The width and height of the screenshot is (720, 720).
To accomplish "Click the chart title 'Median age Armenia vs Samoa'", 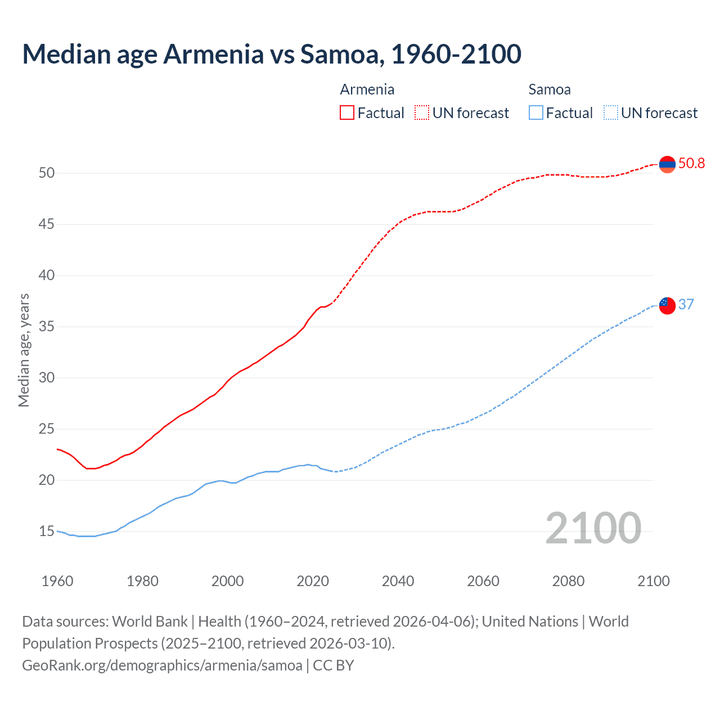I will [x=272, y=54].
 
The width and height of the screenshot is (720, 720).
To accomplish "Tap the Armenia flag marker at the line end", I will [x=667, y=164].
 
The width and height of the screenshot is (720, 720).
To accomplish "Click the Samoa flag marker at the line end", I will [x=667, y=305].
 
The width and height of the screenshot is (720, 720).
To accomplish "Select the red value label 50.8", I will [x=691, y=164].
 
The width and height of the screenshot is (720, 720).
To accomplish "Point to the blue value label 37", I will [x=686, y=304].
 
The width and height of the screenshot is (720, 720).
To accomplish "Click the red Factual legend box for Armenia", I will [x=347, y=113].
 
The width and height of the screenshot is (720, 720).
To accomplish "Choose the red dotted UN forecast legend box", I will [x=422, y=113].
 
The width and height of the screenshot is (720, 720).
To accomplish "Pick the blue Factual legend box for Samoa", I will [x=536, y=113].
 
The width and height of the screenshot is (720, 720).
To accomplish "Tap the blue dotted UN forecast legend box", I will [x=610, y=113].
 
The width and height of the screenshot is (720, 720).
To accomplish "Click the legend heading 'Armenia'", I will [x=367, y=89].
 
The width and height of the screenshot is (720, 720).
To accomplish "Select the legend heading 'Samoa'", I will [x=549, y=89].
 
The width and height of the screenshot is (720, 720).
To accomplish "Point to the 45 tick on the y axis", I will [x=47, y=224].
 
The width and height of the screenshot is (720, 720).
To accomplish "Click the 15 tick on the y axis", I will [x=47, y=532].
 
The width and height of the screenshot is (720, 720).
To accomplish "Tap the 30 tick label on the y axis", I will [x=47, y=378].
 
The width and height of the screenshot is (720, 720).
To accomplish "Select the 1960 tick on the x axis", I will [x=57, y=581].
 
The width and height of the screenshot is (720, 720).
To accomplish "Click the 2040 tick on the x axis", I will [x=398, y=581].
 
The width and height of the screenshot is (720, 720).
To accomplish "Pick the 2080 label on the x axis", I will [x=568, y=581].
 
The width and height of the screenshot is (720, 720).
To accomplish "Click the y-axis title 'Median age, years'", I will [x=24, y=350].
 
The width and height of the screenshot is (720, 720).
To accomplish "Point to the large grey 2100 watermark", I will [x=593, y=528].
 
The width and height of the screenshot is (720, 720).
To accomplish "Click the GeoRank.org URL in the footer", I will [x=162, y=665].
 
